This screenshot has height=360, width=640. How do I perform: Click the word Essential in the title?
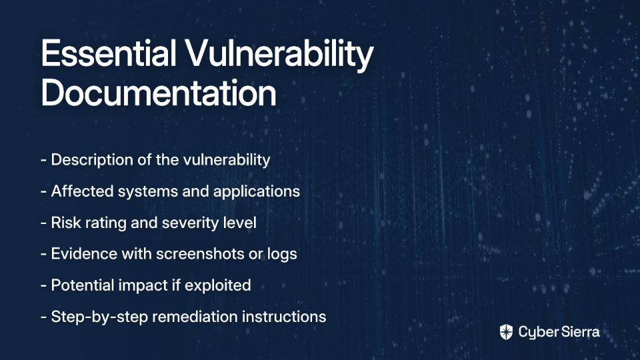click(109, 53)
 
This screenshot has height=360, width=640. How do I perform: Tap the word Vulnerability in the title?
click(279, 56)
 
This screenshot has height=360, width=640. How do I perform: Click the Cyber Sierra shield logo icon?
click(506, 332)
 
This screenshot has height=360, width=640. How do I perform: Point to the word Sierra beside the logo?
click(579, 332)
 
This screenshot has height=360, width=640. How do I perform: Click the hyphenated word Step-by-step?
click(99, 317)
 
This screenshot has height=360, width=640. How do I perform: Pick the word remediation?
click(195, 317)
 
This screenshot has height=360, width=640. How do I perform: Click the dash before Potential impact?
click(44, 286)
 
